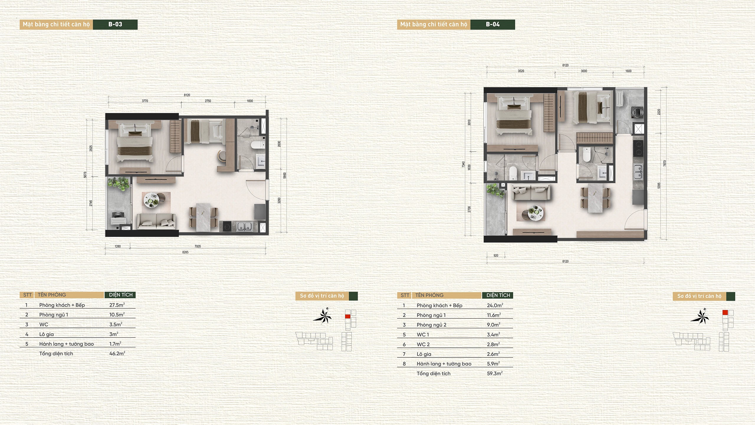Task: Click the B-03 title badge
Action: click(x=115, y=25)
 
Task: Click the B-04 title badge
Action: click(x=493, y=25)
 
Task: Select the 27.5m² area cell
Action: click(x=117, y=305)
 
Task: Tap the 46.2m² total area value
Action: click(x=117, y=354)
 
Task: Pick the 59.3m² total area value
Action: click(x=495, y=374)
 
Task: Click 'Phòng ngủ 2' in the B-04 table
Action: click(x=431, y=325)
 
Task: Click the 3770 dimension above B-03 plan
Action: click(x=145, y=101)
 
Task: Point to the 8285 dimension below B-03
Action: click(x=185, y=252)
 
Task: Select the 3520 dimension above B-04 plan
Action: click(x=521, y=71)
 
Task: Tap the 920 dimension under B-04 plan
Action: click(x=496, y=256)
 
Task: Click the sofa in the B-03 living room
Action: click(x=156, y=222)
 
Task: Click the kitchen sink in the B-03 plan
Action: click(x=244, y=227)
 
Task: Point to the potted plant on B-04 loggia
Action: click(x=495, y=191)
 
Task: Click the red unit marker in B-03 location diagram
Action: click(x=348, y=316)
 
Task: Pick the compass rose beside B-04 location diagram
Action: click(x=700, y=317)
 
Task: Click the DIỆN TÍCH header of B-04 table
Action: click(x=498, y=295)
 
